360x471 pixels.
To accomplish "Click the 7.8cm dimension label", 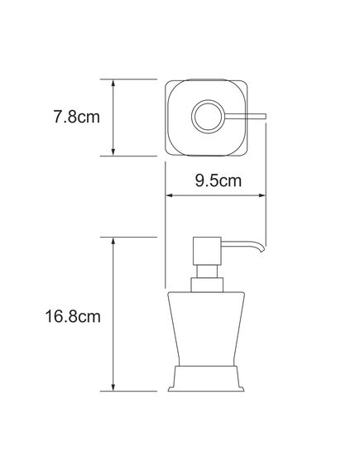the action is point(77,117).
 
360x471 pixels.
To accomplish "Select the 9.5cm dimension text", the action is point(218,180).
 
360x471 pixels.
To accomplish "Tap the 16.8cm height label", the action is point(73,316).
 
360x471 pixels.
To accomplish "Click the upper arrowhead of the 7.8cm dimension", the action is point(113,84).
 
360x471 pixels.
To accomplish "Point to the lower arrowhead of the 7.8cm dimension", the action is point(113,152).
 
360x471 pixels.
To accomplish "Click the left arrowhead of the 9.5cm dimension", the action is point(170,195).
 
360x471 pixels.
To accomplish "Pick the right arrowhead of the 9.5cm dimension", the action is point(262,195).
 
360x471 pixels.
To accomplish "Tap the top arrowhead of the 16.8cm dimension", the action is point(113,241).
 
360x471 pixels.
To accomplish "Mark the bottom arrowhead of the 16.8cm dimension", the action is point(113,387).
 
